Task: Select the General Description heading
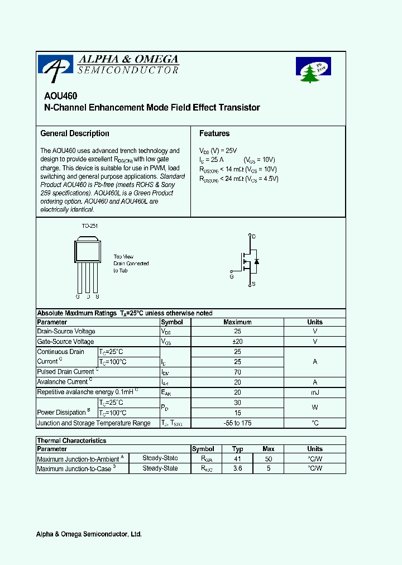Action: [75, 133]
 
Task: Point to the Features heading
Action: [214, 133]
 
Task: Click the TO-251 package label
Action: [89, 226]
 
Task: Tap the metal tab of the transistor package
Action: [88, 239]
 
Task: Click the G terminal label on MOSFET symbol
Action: [232, 276]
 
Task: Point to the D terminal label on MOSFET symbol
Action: [254, 237]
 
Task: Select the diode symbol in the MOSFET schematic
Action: [256, 261]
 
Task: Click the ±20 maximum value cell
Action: [237, 342]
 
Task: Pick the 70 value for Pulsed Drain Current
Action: [237, 372]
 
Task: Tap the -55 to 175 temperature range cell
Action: [237, 423]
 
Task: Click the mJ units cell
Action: [315, 392]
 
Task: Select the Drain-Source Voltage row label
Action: [66, 332]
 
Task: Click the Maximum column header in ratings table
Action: [237, 322]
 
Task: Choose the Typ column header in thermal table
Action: [238, 449]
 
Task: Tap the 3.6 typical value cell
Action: [238, 469]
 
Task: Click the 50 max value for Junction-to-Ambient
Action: [269, 458]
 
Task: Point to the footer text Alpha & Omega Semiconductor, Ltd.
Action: [89, 534]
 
